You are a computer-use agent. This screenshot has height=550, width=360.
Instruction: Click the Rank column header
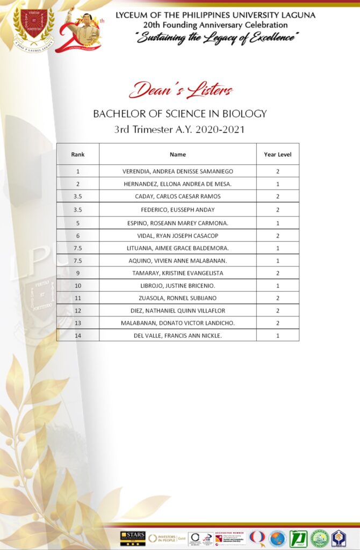pyautogui.click(x=78, y=154)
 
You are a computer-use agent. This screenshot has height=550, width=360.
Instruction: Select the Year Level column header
pyautogui.click(x=277, y=154)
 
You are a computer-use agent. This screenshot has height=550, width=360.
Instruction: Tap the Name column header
pyautogui.click(x=178, y=154)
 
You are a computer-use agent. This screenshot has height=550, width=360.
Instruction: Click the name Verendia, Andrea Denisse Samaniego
pyautogui.click(x=178, y=171)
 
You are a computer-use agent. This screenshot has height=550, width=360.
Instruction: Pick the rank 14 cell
pyautogui.click(x=78, y=336)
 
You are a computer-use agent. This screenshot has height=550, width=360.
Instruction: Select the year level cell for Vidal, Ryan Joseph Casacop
pyautogui.click(x=277, y=236)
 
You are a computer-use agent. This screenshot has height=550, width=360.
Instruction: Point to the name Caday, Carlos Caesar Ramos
pyautogui.click(x=178, y=196)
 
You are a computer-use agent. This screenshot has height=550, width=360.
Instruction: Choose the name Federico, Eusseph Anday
pyautogui.click(x=178, y=209)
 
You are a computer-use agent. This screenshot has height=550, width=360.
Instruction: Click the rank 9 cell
pyautogui.click(x=78, y=273)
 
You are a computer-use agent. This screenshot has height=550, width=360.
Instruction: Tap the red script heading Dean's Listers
pyautogui.click(x=181, y=90)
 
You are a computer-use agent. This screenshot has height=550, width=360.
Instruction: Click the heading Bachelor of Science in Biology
pyautogui.click(x=180, y=114)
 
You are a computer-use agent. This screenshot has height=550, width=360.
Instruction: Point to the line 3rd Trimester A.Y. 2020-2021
pyautogui.click(x=180, y=129)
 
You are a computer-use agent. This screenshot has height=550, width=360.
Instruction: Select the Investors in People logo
pyautogui.click(x=166, y=538)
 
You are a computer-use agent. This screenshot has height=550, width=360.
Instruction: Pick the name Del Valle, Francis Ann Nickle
pyautogui.click(x=178, y=336)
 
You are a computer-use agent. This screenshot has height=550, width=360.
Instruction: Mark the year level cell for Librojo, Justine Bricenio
pyautogui.click(x=277, y=286)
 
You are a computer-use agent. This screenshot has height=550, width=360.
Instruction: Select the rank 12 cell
pyautogui.click(x=78, y=310)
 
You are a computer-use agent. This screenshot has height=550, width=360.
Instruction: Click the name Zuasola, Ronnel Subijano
pyautogui.click(x=178, y=298)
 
